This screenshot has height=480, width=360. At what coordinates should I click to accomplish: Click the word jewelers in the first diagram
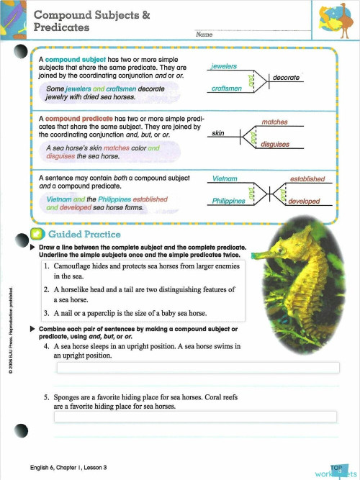[225, 66]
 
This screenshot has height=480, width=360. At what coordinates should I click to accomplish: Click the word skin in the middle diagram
[217, 133]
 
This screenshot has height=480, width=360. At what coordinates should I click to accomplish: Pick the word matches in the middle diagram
[275, 123]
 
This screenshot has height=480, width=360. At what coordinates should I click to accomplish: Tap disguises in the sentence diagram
[275, 144]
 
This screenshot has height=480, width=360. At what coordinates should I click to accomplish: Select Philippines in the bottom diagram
[229, 201]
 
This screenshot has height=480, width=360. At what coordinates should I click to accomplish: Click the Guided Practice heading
[84, 234]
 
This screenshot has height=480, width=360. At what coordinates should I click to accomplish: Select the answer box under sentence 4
[197, 368]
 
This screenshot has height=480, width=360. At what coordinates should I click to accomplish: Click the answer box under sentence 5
[196, 417]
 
